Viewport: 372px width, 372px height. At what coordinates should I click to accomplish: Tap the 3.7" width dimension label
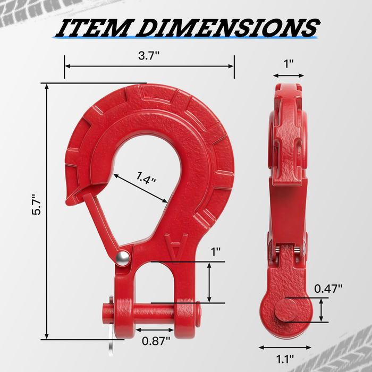[148, 55]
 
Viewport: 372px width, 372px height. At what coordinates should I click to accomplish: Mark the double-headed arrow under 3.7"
[149, 66]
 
